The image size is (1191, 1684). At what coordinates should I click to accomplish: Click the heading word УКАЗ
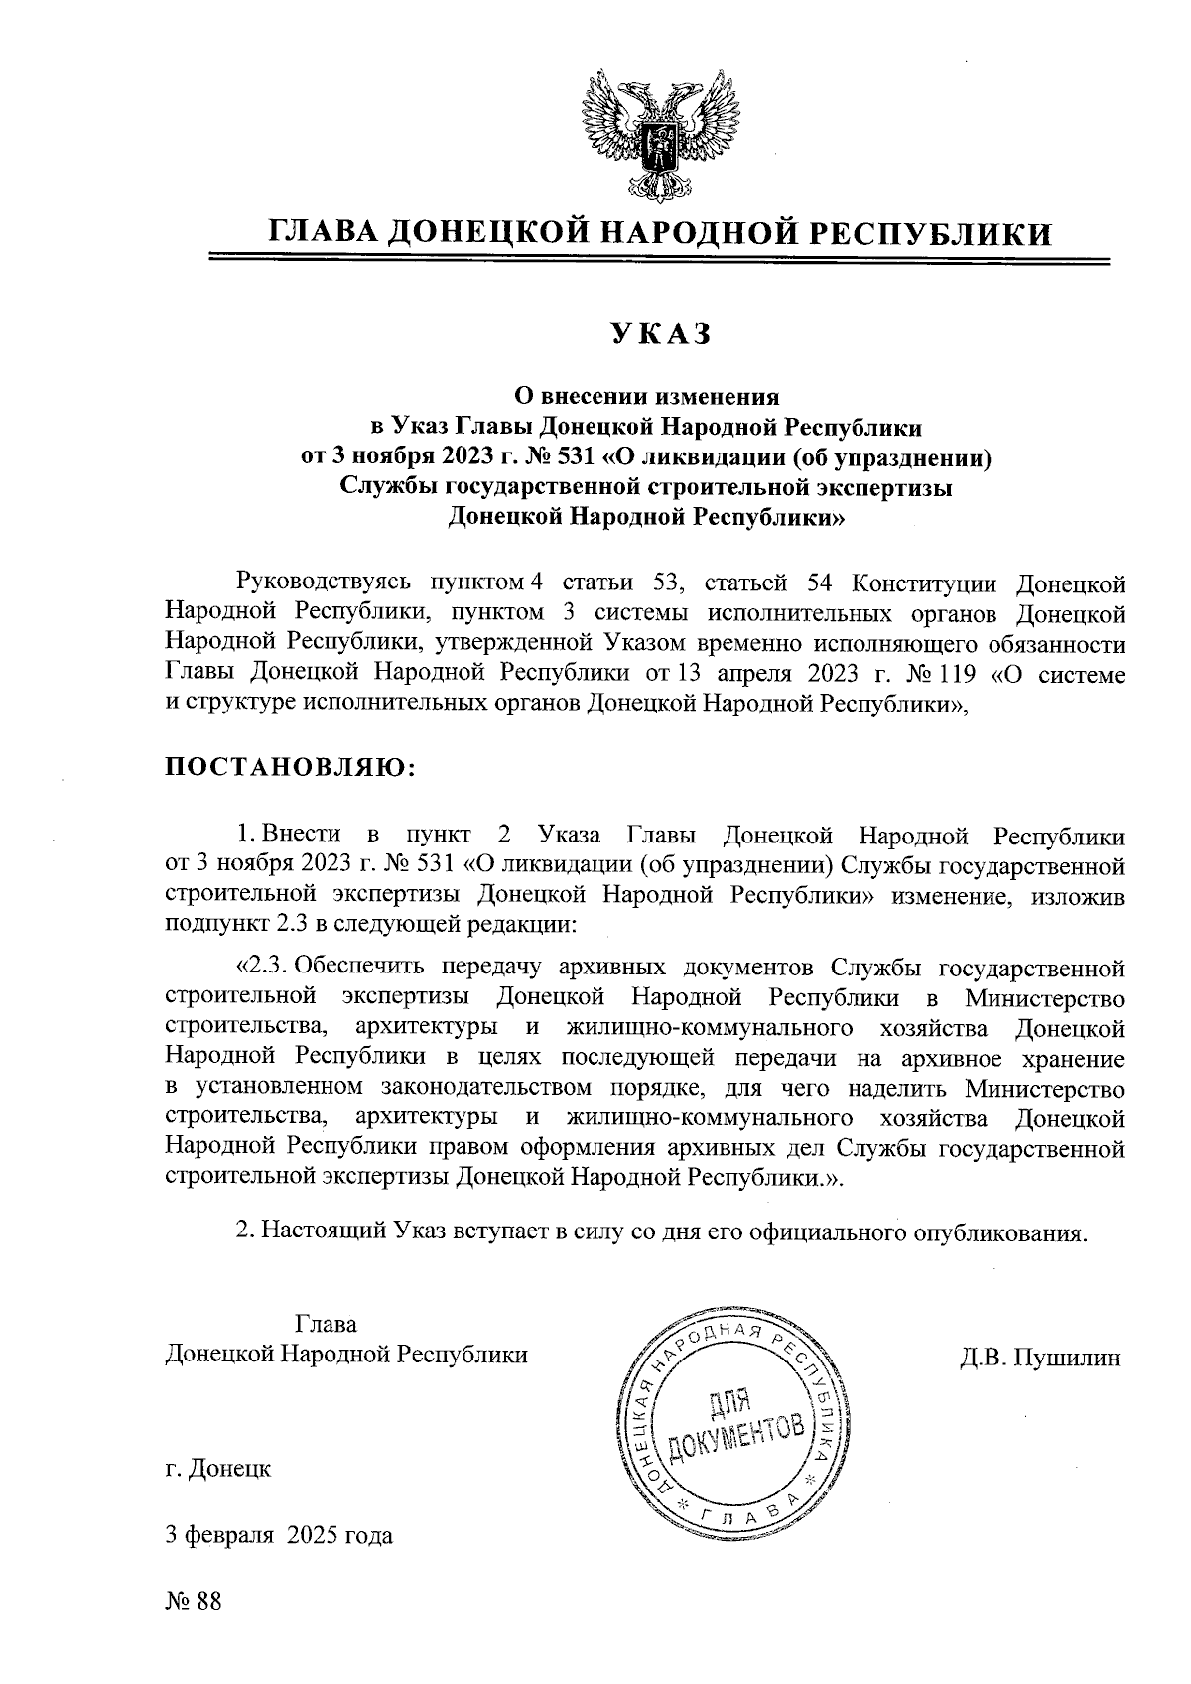[x=659, y=334]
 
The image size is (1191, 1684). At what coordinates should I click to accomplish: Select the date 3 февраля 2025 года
[x=279, y=1536]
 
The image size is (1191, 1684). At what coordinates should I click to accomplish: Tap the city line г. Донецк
[x=218, y=1468]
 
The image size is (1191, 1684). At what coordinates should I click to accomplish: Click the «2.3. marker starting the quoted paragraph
[x=263, y=965]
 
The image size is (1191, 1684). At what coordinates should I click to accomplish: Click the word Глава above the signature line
[x=326, y=1324]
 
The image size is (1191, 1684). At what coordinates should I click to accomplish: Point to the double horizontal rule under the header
[x=656, y=261]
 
